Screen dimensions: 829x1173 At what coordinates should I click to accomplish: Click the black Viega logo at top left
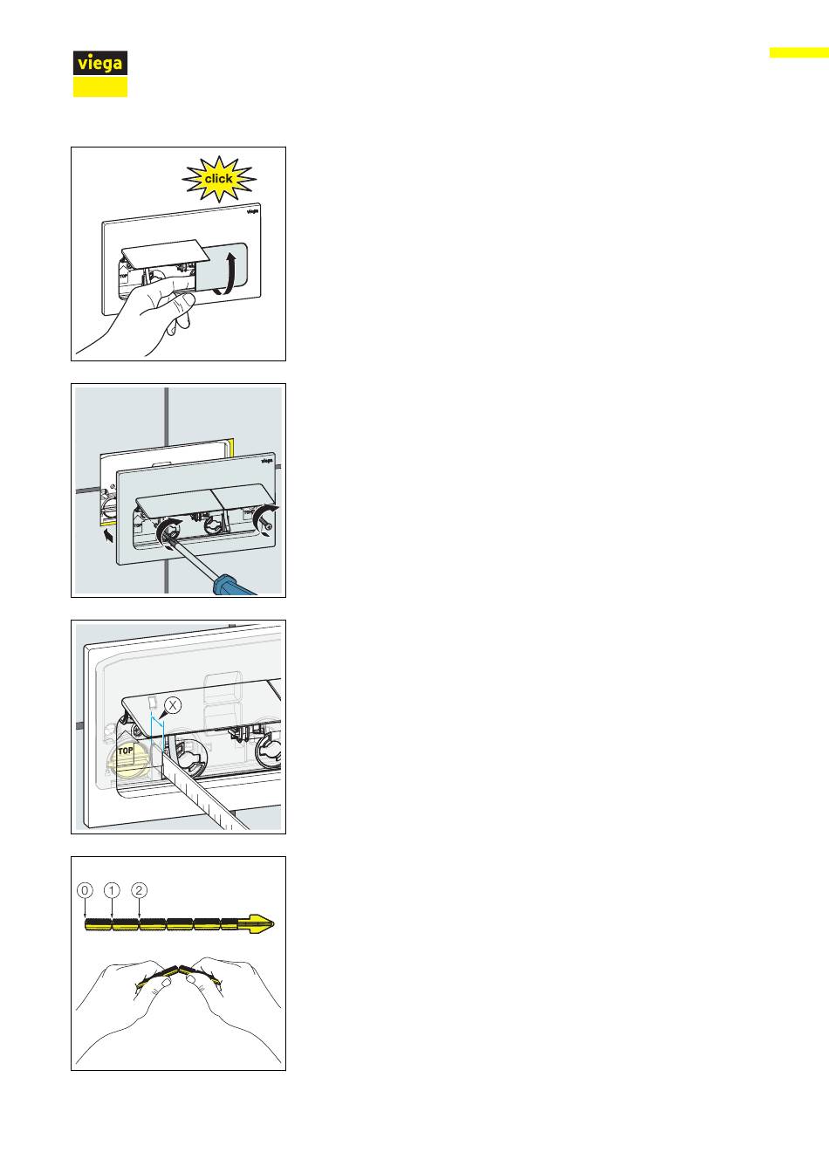coord(100,64)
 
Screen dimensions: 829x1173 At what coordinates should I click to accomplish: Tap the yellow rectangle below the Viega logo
coord(100,87)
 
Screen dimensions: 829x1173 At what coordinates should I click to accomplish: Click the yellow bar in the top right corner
coord(799,52)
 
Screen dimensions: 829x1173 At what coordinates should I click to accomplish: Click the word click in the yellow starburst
coord(218,179)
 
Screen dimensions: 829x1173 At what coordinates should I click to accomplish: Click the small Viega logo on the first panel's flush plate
coord(253,211)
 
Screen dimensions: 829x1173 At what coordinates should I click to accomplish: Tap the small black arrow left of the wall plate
coord(108,536)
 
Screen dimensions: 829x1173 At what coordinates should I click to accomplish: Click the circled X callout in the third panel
coord(172,705)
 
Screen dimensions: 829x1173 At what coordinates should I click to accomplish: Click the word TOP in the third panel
coord(126,751)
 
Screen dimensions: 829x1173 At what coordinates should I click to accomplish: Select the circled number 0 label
coord(85,890)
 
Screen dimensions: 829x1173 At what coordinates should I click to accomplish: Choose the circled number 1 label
coord(112,890)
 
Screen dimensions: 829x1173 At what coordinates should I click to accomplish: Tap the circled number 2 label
coord(140,890)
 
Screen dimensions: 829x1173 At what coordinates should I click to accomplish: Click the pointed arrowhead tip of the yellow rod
coord(273,925)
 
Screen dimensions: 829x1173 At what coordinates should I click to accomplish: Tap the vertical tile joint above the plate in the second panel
coord(166,417)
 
